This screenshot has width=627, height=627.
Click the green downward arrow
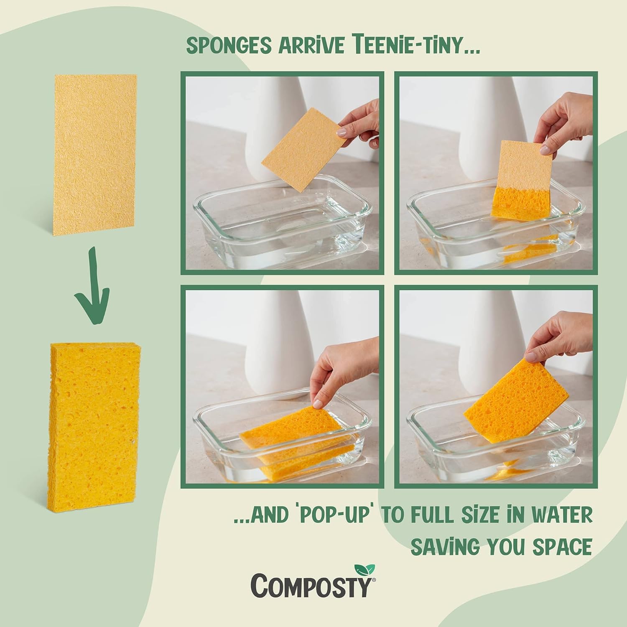coord(92,288)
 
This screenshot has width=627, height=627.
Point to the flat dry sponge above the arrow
coord(95,154)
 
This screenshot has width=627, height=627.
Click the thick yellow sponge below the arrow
coord(95,426)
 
